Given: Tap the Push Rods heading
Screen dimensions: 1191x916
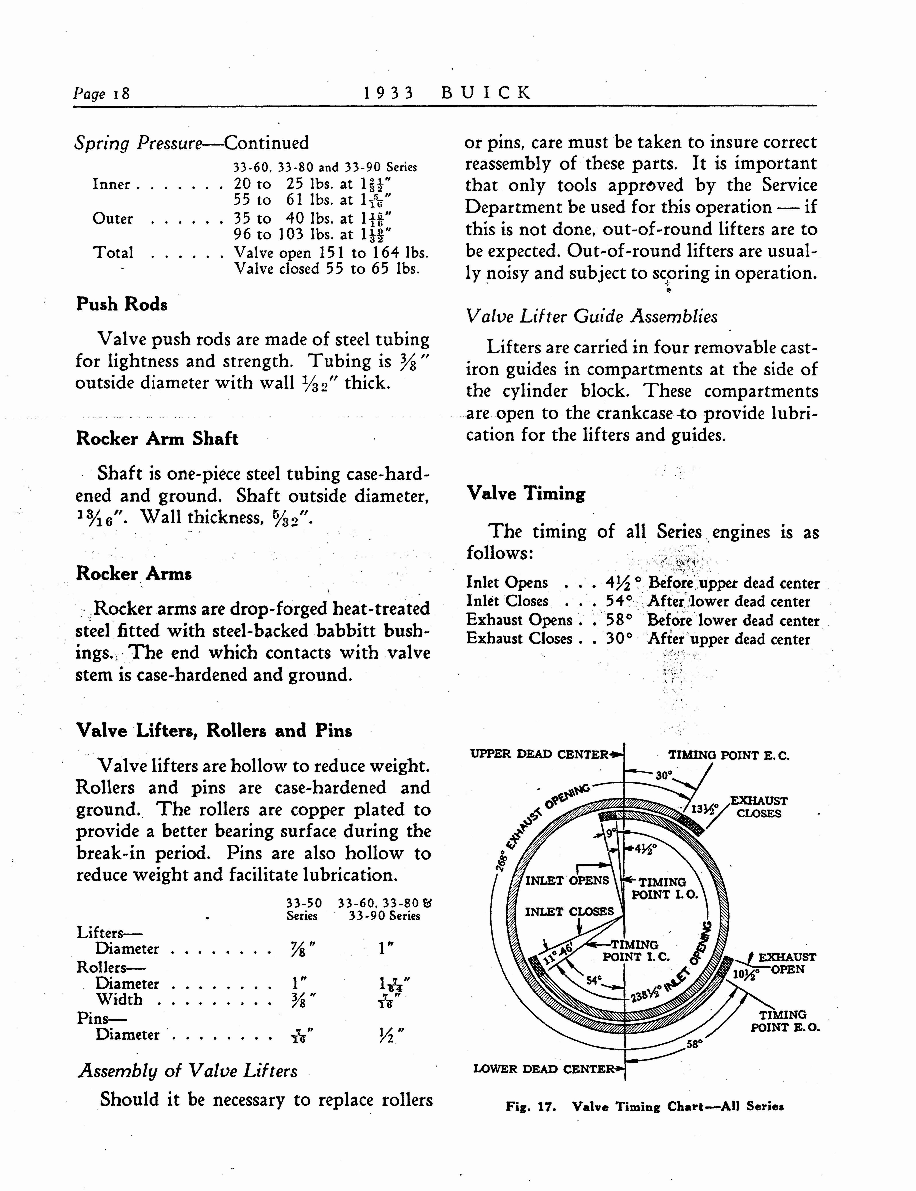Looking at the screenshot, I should [x=122, y=304].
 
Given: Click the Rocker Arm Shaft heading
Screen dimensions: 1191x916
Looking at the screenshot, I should [x=157, y=438].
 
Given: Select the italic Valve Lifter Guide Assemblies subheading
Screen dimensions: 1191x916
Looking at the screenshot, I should [x=591, y=316].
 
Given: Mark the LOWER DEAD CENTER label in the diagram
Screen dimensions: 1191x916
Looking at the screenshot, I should [x=544, y=1069].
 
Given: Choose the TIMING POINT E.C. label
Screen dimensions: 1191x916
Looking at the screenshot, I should [x=728, y=755].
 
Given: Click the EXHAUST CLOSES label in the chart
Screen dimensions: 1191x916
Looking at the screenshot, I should [x=759, y=807].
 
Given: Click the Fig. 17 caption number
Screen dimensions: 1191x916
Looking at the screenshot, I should [x=531, y=1107].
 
